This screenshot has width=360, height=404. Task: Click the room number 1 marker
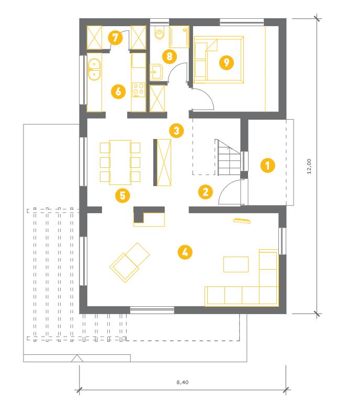[267, 165]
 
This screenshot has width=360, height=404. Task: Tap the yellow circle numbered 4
[185, 252]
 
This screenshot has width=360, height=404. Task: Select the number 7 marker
[115, 38]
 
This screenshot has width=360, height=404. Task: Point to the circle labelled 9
[227, 62]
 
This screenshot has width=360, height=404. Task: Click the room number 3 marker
[176, 131]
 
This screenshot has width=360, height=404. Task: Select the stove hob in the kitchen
[139, 90]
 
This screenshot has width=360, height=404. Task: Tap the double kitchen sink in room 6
[94, 70]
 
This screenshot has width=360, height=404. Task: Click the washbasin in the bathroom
[156, 72]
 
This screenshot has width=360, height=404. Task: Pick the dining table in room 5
[120, 163]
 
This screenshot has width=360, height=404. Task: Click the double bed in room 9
[219, 60]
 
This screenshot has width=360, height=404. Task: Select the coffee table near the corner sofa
[235, 264]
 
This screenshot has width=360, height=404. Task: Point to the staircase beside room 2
[228, 157]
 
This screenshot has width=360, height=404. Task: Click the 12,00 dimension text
[309, 166]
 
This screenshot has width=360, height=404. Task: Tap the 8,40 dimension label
[183, 383]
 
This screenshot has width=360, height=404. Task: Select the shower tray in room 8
[179, 37]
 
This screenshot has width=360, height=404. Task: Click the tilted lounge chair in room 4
[129, 262]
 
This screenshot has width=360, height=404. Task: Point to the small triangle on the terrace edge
[77, 359]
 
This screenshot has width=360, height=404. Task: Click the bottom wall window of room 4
[152, 310]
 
